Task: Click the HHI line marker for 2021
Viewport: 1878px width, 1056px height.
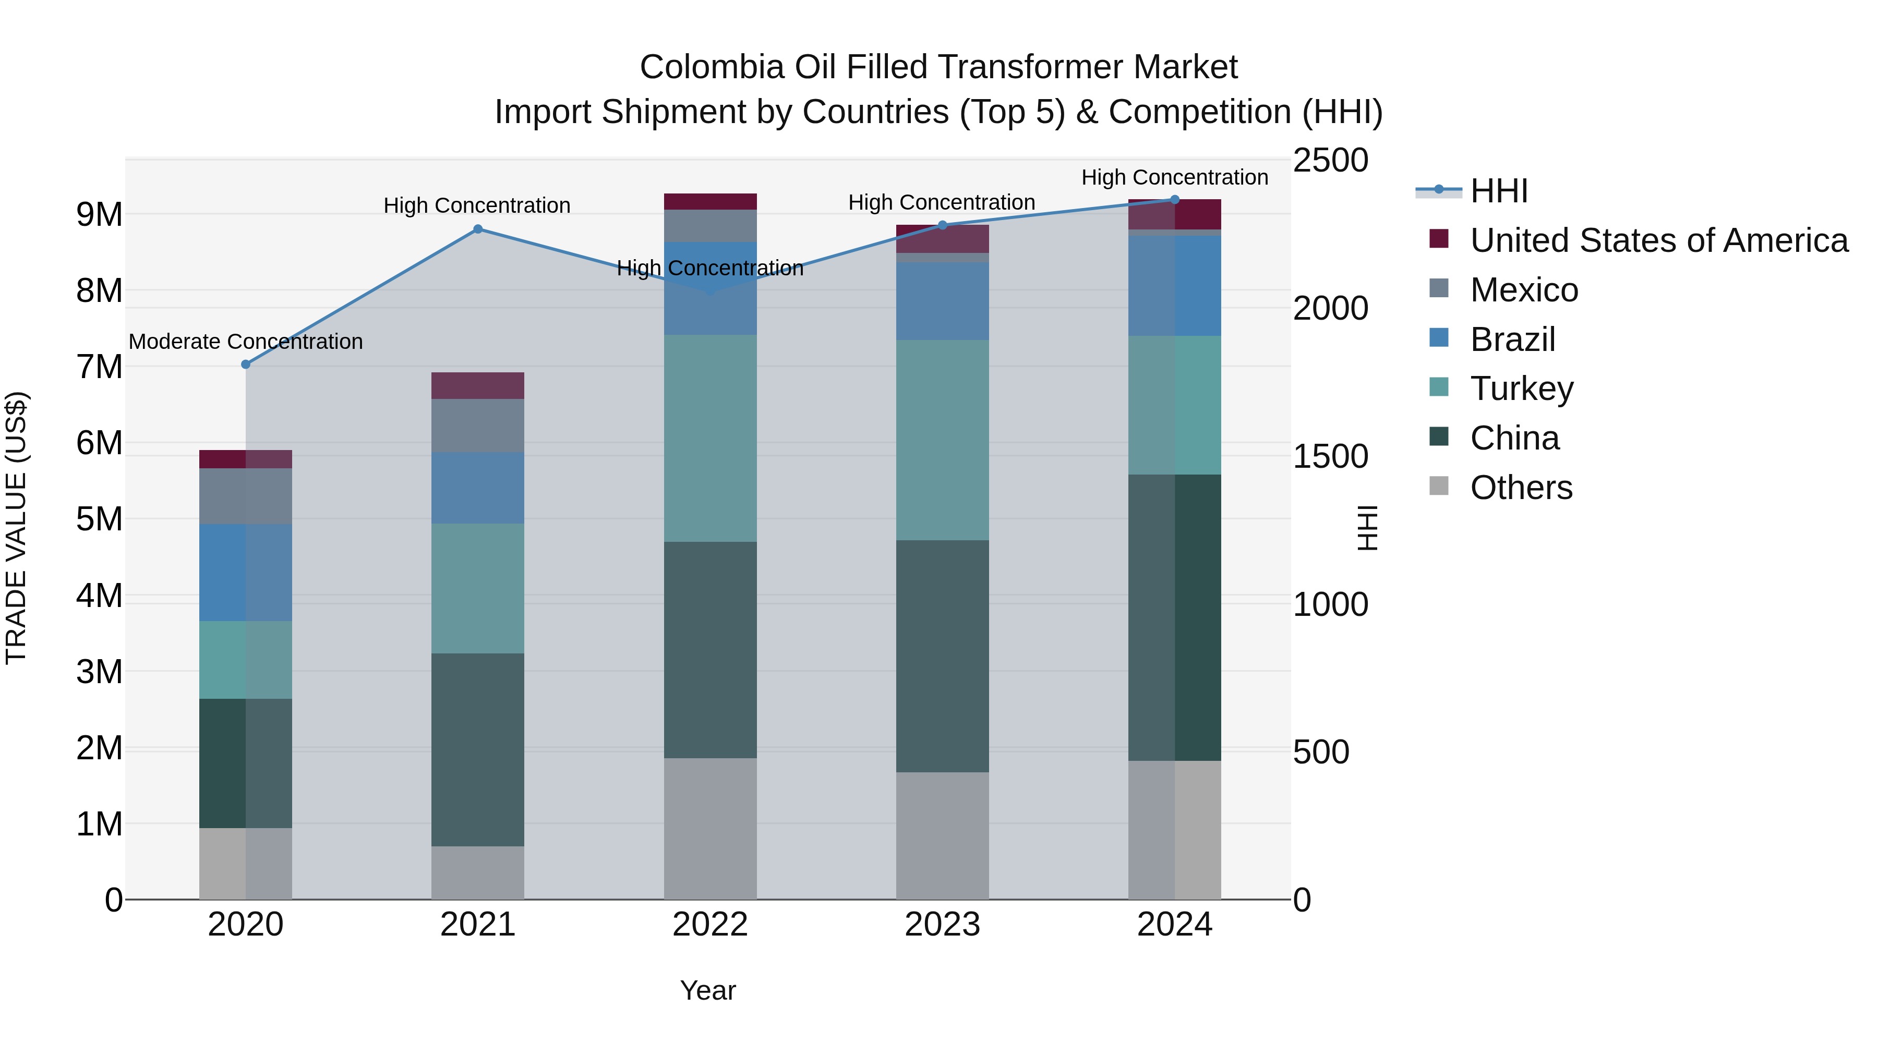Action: click(x=477, y=229)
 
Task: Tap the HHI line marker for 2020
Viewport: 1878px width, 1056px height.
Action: click(x=246, y=365)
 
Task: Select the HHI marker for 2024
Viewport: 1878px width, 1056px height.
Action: click(x=1174, y=200)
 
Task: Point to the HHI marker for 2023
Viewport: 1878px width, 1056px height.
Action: click(x=942, y=225)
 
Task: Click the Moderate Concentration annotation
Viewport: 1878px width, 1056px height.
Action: click(x=246, y=341)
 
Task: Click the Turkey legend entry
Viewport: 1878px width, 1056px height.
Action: click(x=1522, y=389)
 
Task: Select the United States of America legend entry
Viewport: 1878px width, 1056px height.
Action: click(x=1658, y=240)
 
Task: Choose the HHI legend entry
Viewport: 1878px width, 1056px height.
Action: click(x=1498, y=191)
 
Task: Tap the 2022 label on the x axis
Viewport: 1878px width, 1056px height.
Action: click(x=710, y=925)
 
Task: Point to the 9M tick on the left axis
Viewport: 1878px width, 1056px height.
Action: click(x=99, y=214)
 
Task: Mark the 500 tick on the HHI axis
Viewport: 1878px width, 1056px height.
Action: click(x=1321, y=752)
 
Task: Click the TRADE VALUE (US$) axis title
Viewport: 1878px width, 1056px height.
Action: click(x=16, y=528)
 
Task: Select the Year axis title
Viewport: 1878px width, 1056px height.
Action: click(x=708, y=990)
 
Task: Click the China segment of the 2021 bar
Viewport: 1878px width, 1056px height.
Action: click(x=477, y=749)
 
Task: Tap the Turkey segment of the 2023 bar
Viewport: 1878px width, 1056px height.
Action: click(x=942, y=440)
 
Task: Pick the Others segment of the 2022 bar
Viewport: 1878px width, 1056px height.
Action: click(x=710, y=829)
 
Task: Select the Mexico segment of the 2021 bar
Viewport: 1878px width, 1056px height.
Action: click(x=477, y=425)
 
